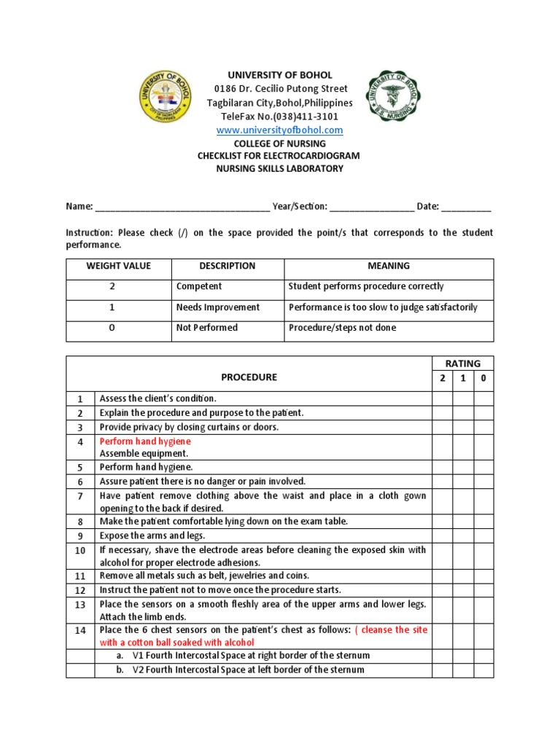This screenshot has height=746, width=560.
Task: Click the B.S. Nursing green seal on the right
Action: [394, 95]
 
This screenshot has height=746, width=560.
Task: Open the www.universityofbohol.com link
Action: [279, 130]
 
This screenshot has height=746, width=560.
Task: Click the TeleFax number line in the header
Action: [279, 117]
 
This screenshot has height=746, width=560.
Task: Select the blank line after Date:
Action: [467, 207]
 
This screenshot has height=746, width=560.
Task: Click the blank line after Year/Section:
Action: [372, 207]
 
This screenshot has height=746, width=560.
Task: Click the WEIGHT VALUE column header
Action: [118, 267]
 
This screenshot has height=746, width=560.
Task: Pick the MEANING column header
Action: [389, 267]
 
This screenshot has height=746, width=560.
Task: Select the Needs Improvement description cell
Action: [217, 307]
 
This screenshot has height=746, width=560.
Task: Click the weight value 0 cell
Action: [112, 328]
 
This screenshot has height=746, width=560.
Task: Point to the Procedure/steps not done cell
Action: [343, 328]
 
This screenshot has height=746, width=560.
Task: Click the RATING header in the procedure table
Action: [463, 364]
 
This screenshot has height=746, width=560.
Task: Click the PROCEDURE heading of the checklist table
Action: [249, 377]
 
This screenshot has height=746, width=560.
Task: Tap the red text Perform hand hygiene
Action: [145, 441]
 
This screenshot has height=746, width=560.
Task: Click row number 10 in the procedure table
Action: [80, 550]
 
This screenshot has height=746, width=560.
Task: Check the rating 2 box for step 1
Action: [442, 398]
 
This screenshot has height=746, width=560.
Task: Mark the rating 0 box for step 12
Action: [483, 590]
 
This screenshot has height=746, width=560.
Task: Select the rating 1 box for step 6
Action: [463, 482]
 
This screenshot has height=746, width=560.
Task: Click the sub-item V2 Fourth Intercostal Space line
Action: [248, 670]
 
